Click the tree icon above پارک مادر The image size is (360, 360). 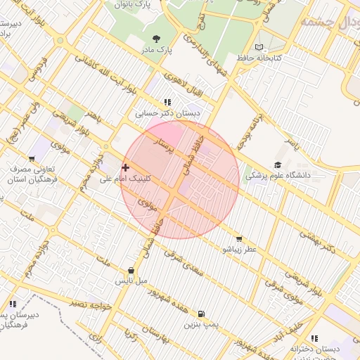[155, 39]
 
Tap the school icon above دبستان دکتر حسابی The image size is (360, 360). [167, 102]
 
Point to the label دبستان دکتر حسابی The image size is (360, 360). [168, 112]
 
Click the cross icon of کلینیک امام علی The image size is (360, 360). [125, 167]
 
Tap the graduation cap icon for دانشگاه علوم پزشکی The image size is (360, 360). [278, 165]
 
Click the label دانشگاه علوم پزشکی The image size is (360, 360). [278, 176]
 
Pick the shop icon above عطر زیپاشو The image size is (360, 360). [240, 239]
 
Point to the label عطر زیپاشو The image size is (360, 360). [240, 250]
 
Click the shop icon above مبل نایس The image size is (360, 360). [131, 270]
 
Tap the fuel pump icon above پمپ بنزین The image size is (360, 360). [202, 314]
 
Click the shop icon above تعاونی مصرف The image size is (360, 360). [32, 159]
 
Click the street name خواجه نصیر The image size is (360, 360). [91, 305]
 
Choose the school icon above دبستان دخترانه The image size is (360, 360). [314, 338]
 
